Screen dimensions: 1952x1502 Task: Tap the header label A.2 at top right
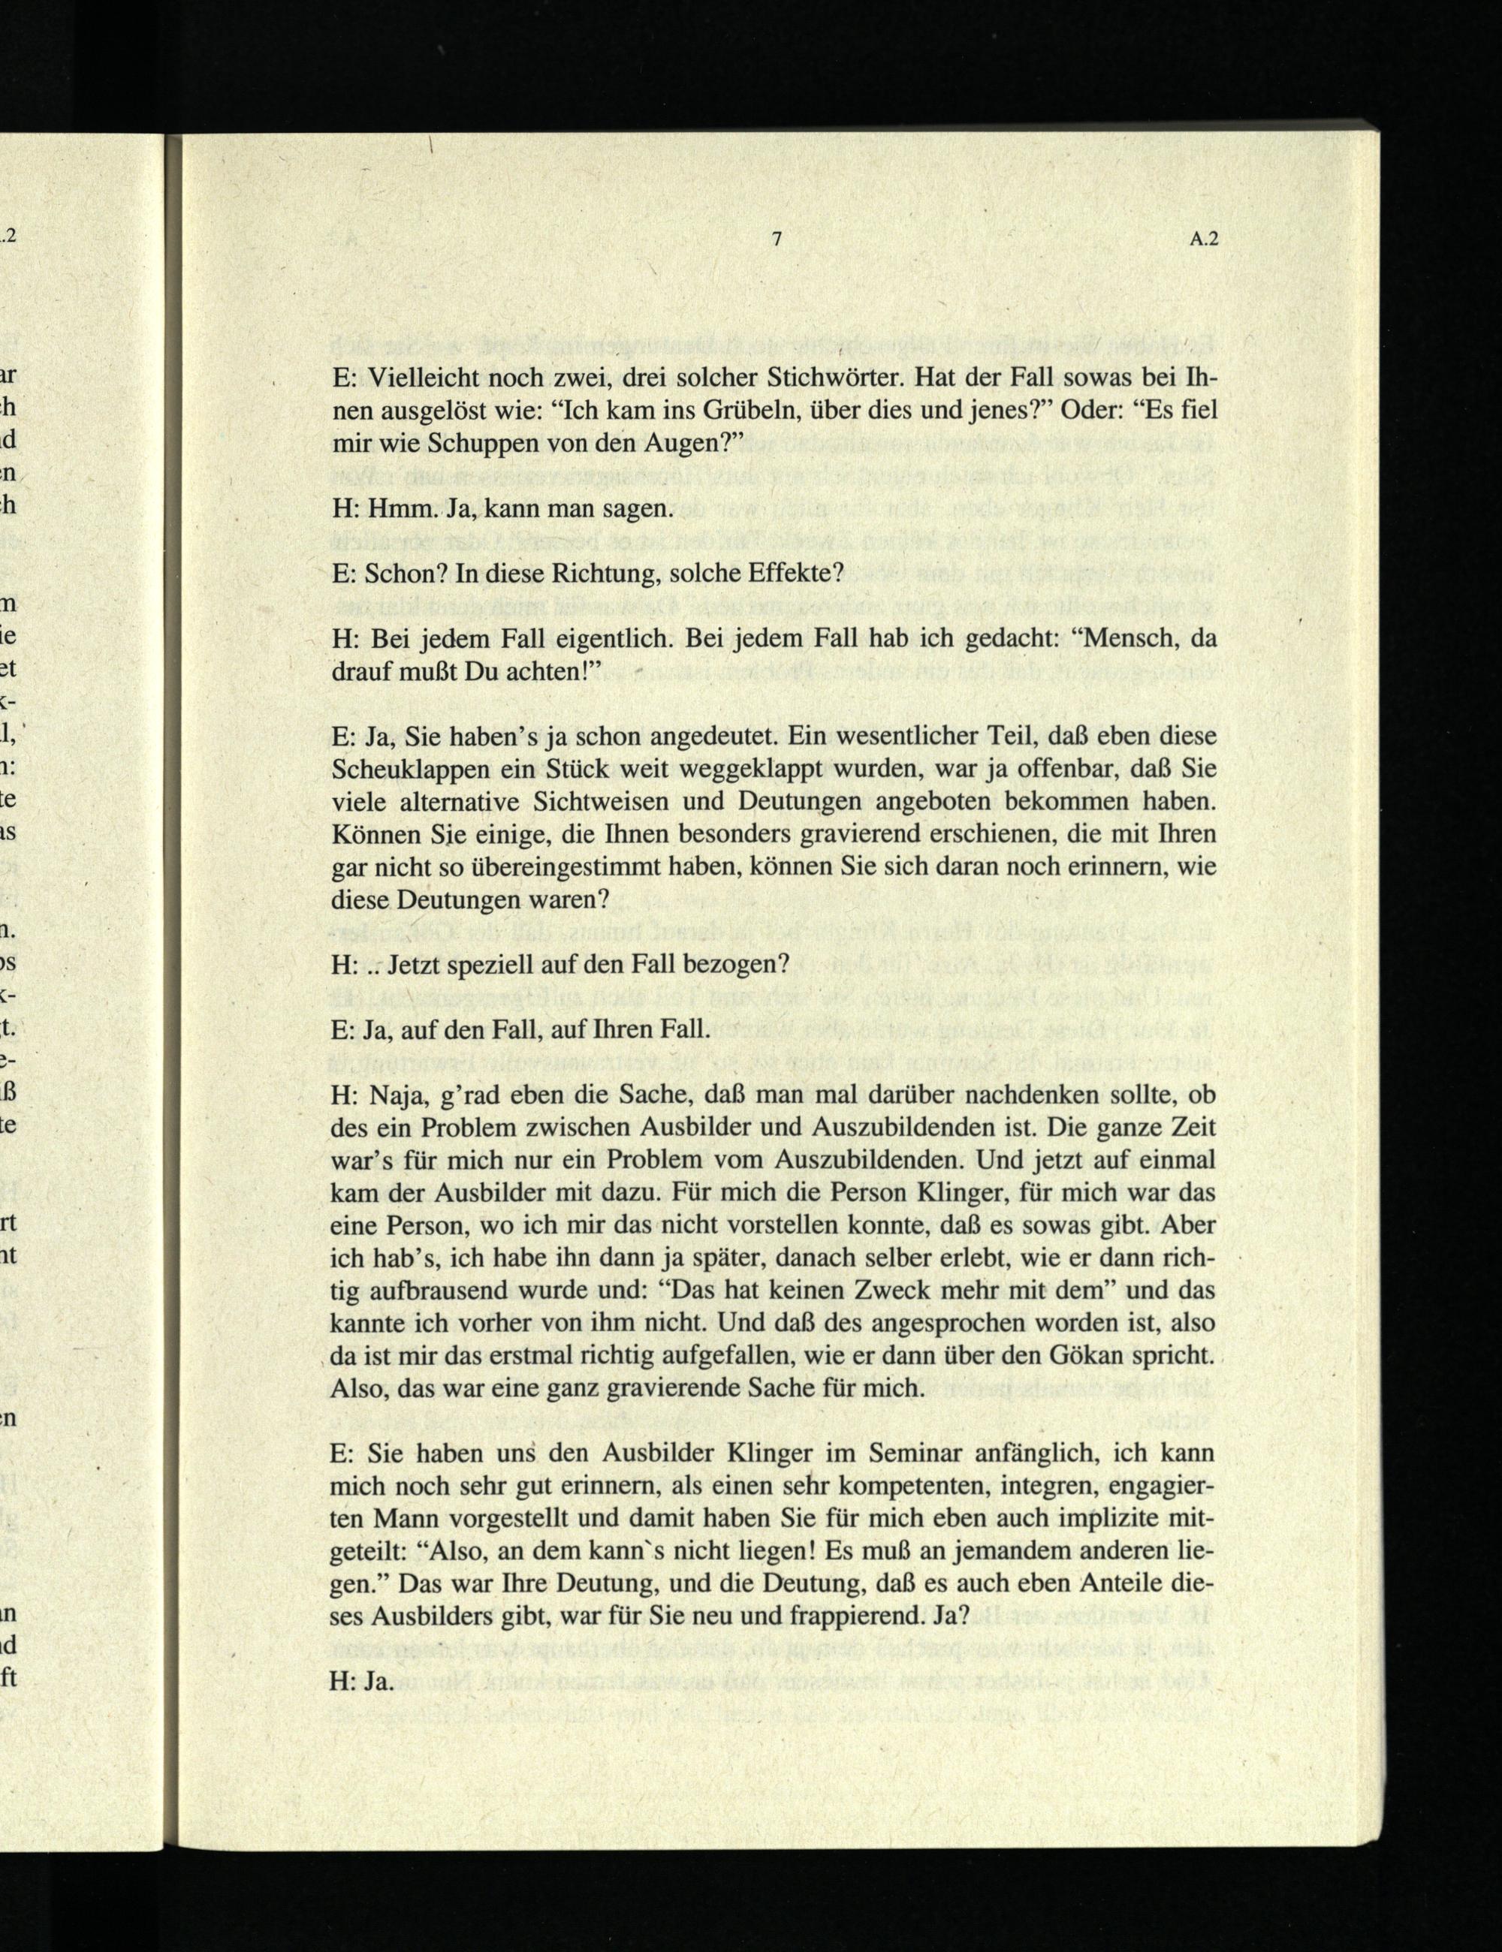[1205, 239]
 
